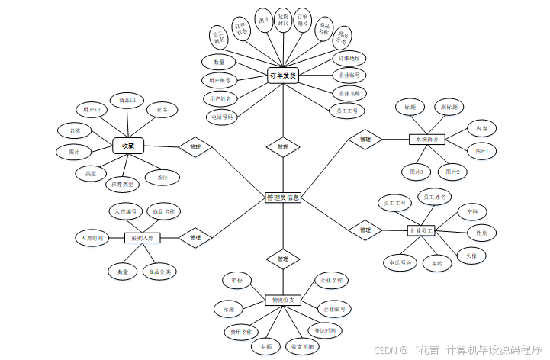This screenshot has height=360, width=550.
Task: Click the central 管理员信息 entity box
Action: pyautogui.click(x=283, y=198)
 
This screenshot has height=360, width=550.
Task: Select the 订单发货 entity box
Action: pyautogui.click(x=282, y=76)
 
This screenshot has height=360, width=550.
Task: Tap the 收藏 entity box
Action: pyautogui.click(x=127, y=145)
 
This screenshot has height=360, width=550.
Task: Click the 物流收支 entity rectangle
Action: pyautogui.click(x=283, y=301)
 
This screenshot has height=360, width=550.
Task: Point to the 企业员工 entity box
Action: pyautogui.click(x=421, y=230)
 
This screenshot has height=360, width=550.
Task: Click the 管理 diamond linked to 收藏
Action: pyautogui.click(x=195, y=146)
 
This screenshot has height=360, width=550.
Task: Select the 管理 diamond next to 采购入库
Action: pyautogui.click(x=195, y=238)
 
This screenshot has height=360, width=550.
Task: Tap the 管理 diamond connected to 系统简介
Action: pyautogui.click(x=365, y=140)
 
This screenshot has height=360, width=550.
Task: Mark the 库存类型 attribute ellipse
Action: pyautogui.click(x=123, y=184)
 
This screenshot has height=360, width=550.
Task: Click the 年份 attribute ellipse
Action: pyautogui.click(x=236, y=281)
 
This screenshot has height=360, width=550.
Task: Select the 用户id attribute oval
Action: pyautogui.click(x=92, y=110)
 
